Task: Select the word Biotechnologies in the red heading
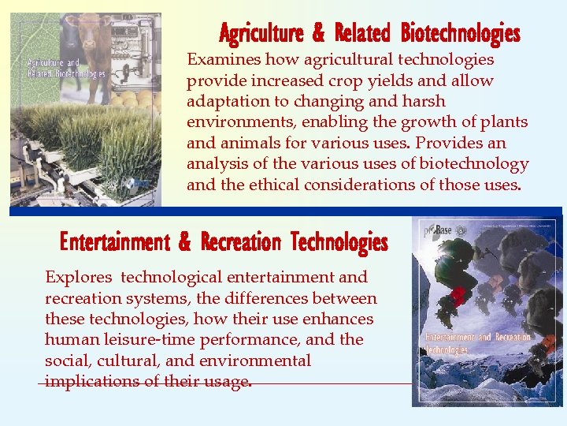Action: coord(460,34)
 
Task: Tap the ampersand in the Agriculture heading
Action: coord(318,34)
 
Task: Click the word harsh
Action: coord(424,101)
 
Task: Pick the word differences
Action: coord(269,298)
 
